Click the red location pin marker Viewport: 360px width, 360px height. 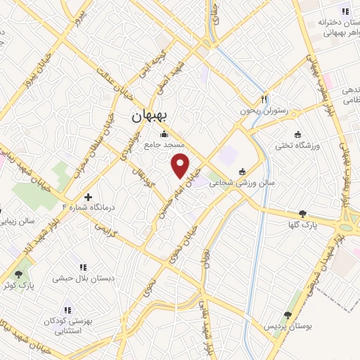point(181,165)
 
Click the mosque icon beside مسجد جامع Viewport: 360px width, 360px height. point(165,134)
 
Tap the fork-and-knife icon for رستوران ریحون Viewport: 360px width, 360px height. point(264,100)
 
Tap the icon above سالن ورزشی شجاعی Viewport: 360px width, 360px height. point(243,172)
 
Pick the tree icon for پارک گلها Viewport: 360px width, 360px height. point(302,214)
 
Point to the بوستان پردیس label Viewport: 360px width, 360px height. point(287,326)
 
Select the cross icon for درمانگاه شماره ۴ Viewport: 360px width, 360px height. point(89,198)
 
